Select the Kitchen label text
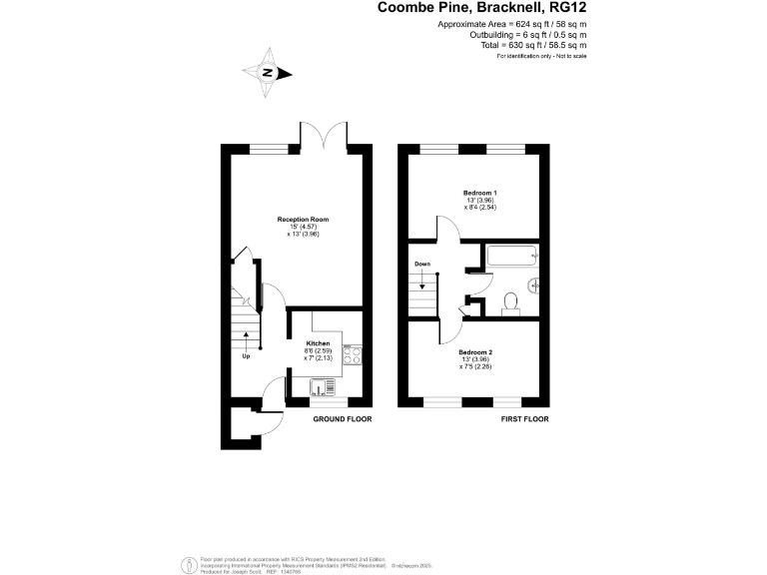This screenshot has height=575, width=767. (318, 342)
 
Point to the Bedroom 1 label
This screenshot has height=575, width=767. (479, 192)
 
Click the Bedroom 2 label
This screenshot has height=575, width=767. (475, 352)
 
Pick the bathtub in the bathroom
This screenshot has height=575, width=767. (510, 257)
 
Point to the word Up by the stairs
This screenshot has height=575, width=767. (246, 356)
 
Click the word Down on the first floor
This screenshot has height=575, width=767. (422, 265)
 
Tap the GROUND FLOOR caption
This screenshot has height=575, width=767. (343, 419)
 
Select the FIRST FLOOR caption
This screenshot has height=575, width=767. (525, 419)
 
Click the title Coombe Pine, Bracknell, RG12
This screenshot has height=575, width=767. (481, 8)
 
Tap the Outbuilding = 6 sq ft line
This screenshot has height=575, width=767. (526, 34)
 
